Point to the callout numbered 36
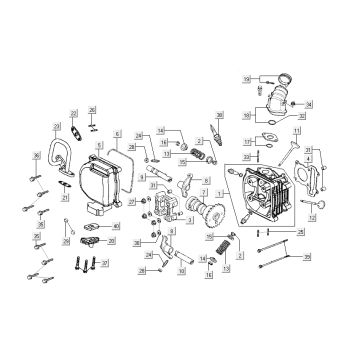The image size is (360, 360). click(x=35, y=155)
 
